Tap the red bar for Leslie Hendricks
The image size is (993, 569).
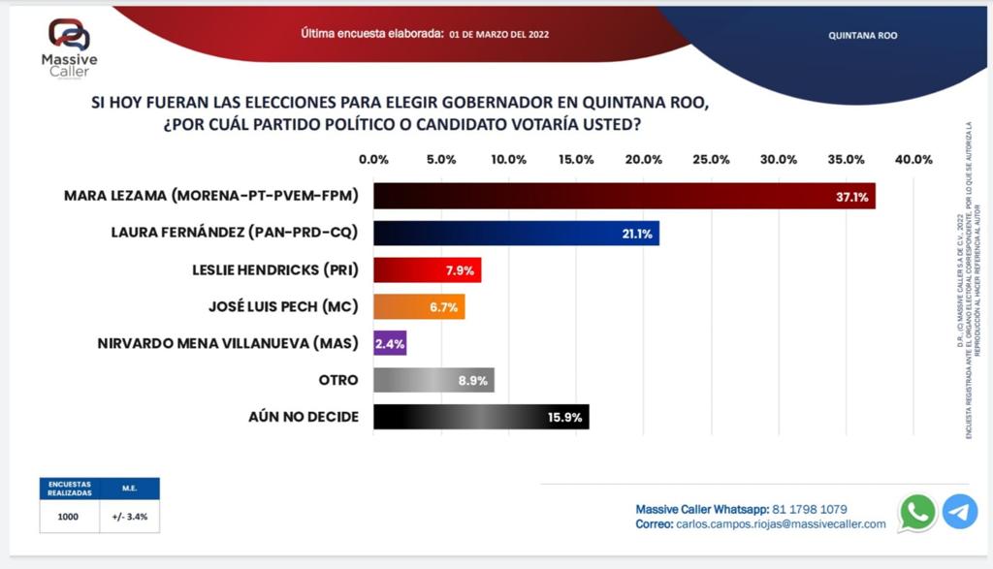(x=427, y=269)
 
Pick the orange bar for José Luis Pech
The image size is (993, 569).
(x=419, y=306)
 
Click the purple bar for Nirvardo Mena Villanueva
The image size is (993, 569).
(x=390, y=342)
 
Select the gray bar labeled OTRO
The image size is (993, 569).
(x=433, y=379)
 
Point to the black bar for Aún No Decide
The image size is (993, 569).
(x=481, y=416)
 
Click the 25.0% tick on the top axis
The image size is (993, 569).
(x=710, y=159)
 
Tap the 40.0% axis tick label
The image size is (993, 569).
(x=913, y=159)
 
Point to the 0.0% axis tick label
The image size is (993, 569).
(x=373, y=159)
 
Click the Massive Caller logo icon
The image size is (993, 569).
(x=69, y=35)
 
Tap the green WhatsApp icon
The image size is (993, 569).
(x=917, y=512)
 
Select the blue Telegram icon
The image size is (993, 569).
(x=960, y=512)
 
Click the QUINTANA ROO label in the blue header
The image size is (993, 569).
(x=863, y=35)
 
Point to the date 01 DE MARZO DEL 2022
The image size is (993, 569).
(x=499, y=34)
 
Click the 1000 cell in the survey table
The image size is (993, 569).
(x=68, y=517)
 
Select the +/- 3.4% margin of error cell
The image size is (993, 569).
(x=129, y=517)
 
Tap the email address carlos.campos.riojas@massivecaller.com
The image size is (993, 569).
(x=781, y=523)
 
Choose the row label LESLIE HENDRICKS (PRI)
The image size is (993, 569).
(x=275, y=269)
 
